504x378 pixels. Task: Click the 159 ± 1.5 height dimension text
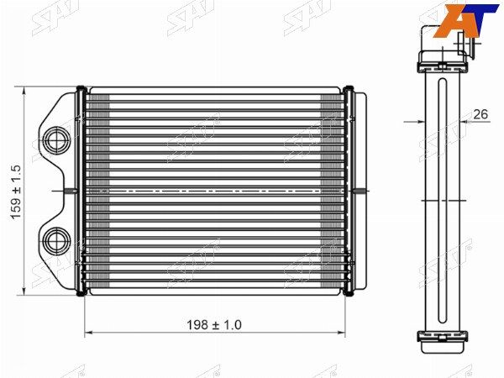click(x=16, y=192)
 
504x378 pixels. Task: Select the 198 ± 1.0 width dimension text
click(x=214, y=325)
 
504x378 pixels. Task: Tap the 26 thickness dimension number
click(x=480, y=113)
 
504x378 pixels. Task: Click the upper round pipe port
click(x=57, y=140)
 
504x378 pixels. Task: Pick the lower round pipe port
click(x=57, y=241)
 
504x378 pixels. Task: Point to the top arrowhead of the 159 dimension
click(x=24, y=91)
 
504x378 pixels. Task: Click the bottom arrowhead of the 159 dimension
click(x=24, y=291)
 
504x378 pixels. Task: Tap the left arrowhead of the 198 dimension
click(x=89, y=333)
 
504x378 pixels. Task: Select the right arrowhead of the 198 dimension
click(x=341, y=333)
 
